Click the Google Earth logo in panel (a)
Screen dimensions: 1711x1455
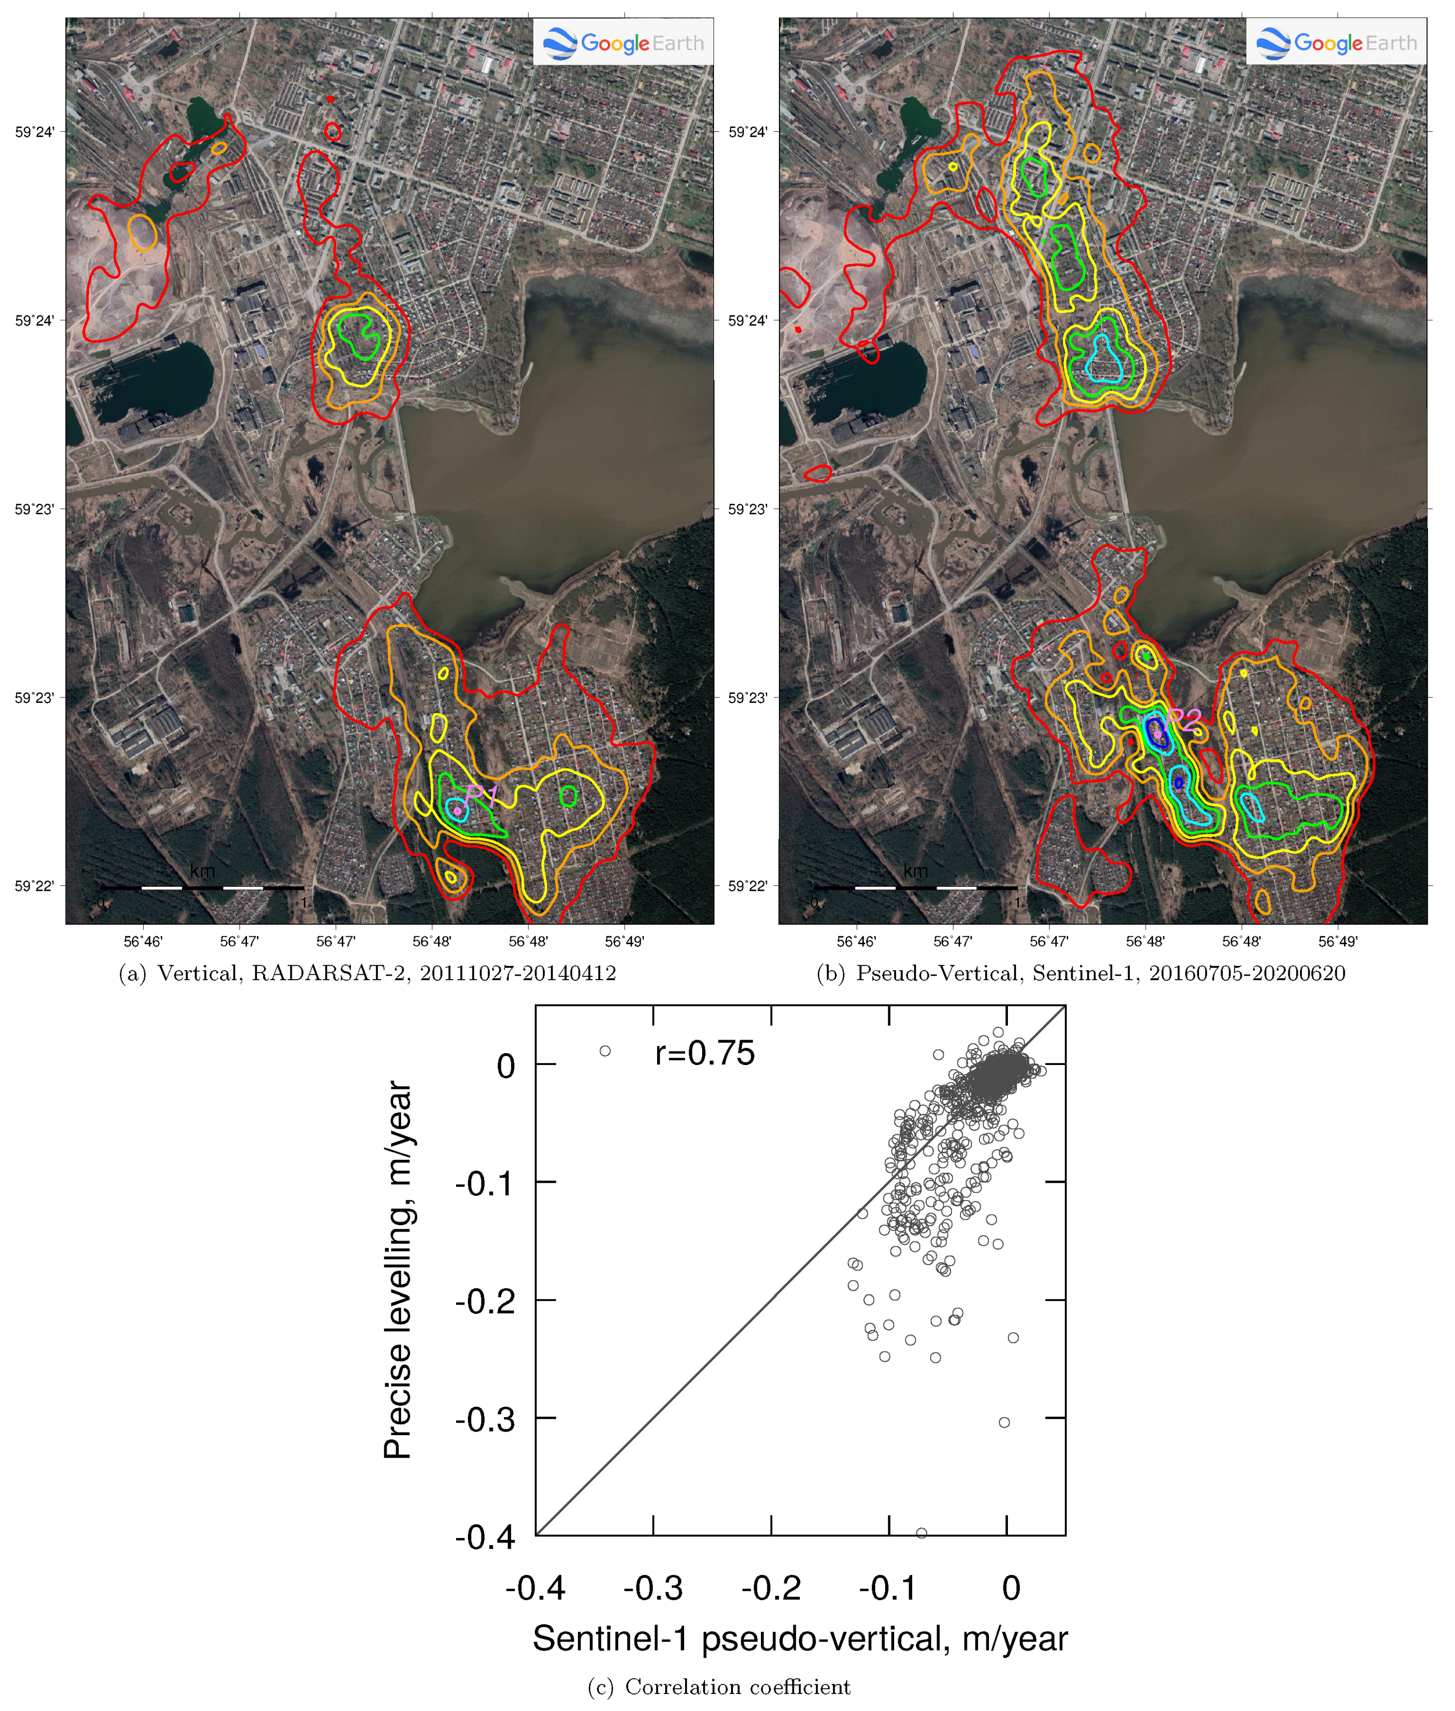coord(624,43)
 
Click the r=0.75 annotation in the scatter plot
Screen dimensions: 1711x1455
coord(705,1054)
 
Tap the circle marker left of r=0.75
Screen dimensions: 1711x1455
coord(605,1052)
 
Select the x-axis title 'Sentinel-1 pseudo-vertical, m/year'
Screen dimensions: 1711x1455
coord(799,1639)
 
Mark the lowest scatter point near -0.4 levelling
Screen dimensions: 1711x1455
coord(921,1533)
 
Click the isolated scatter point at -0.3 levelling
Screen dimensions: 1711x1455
coord(1004,1422)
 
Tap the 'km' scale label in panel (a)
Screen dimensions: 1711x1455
coord(202,871)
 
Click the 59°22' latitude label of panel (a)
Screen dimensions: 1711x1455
coord(34,886)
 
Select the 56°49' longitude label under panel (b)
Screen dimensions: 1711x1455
coord(1338,941)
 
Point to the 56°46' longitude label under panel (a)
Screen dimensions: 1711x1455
coord(144,941)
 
